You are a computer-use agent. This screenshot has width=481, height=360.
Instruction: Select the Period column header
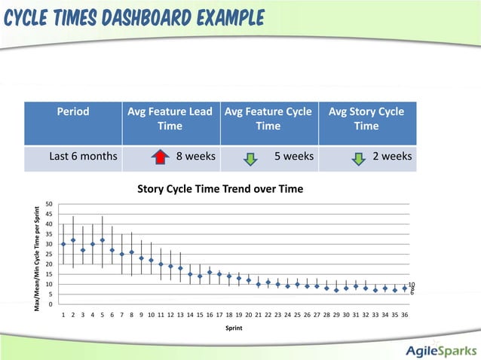(x=73, y=111)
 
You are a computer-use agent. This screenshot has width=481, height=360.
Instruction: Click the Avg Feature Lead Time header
(x=170, y=119)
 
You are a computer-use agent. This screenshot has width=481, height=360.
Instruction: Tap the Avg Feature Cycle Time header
(x=268, y=119)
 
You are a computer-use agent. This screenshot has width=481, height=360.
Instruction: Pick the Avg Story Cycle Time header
(x=366, y=119)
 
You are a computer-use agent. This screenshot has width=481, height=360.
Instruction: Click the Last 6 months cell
(x=83, y=157)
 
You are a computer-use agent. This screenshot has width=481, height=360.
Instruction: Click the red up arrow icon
(x=159, y=157)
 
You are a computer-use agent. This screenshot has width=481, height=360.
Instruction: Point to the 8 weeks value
(x=195, y=157)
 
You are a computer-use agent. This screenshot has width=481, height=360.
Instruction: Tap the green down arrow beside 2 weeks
(x=361, y=157)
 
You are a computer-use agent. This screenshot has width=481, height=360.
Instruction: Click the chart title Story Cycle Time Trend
(x=220, y=188)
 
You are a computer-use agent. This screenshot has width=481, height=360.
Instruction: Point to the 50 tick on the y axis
(x=48, y=204)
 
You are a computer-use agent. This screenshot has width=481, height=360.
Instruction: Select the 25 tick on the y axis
(x=48, y=255)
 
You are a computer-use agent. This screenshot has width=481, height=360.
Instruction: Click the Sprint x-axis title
(x=234, y=328)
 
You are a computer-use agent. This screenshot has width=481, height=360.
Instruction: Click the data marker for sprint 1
(x=63, y=244)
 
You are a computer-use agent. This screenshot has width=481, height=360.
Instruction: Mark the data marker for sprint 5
(x=103, y=240)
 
